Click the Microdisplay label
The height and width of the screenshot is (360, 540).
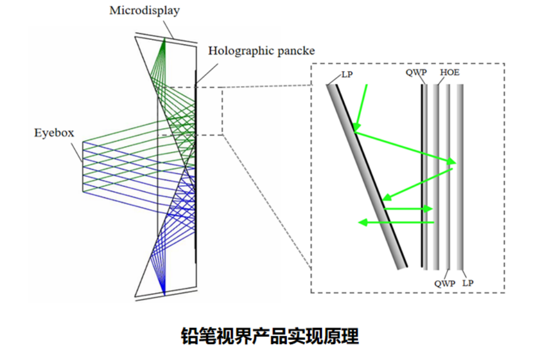145,11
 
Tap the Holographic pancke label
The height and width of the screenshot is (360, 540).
261,51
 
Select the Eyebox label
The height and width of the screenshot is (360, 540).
54,133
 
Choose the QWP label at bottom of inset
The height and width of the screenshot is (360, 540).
444,283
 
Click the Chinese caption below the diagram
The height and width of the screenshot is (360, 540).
270,336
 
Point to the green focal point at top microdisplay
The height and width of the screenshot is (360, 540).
165,39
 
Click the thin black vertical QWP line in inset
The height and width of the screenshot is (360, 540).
422,174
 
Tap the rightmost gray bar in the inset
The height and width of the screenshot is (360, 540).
460,174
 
